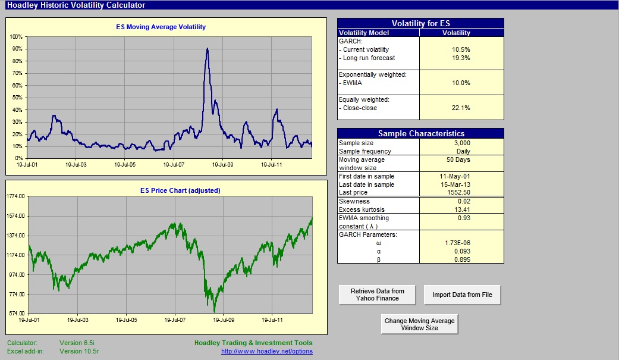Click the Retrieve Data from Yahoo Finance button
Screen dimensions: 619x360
click(x=377, y=295)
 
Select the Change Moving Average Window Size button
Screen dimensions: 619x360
click(x=419, y=324)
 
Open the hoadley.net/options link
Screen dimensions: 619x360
click(x=267, y=351)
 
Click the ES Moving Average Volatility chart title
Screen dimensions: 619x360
click(x=161, y=27)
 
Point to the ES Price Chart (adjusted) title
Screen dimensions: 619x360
click(x=180, y=190)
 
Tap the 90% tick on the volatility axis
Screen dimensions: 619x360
click(x=17, y=49)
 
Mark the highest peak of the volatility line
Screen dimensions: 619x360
click(x=208, y=49)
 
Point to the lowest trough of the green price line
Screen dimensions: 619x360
click(x=214, y=311)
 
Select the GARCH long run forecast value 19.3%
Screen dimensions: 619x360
click(x=461, y=58)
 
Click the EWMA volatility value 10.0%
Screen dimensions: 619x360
click(x=461, y=83)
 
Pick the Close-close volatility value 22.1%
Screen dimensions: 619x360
click(x=461, y=108)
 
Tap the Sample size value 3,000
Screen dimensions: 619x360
click(x=462, y=143)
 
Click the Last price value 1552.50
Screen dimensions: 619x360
click(x=458, y=192)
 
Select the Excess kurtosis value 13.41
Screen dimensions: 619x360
click(x=462, y=209)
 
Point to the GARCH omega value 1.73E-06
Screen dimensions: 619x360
click(x=457, y=243)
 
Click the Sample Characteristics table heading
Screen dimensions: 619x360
click(x=421, y=133)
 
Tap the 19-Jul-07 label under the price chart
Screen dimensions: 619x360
click(x=175, y=320)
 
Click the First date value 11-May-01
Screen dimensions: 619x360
click(x=455, y=176)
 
